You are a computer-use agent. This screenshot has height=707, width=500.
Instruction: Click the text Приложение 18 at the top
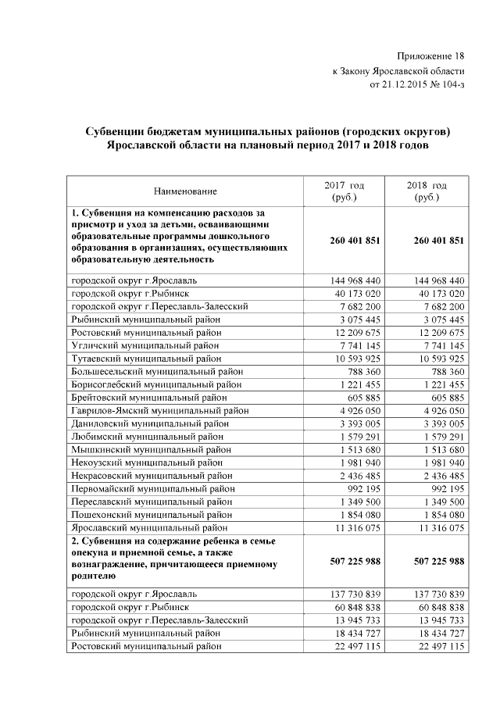point(430,56)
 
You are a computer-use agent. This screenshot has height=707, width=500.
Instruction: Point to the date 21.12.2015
point(410,84)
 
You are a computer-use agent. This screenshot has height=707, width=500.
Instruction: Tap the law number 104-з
point(449,84)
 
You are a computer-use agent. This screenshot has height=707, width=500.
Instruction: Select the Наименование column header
point(185,191)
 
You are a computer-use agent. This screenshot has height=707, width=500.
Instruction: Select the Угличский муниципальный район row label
point(145,346)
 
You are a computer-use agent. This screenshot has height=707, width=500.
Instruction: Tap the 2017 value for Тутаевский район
point(360,359)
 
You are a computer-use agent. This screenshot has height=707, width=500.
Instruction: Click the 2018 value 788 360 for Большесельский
point(446,373)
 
